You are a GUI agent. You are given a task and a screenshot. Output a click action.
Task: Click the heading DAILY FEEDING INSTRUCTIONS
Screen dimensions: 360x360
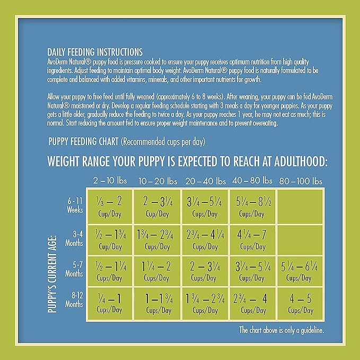[95, 52]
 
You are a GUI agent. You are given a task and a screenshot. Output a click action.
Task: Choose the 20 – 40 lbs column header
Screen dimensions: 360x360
[206, 181]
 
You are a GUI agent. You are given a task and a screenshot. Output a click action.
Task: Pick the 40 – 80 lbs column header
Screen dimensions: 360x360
[252, 181]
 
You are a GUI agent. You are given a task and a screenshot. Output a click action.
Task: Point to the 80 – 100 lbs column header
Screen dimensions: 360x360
[301, 181]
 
